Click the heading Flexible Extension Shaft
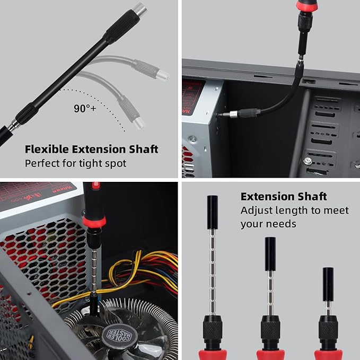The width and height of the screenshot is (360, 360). tap(91, 149)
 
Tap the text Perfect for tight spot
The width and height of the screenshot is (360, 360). tap(75, 163)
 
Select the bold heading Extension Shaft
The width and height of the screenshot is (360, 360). tap(284, 197)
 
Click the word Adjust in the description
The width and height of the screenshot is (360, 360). tap(256, 210)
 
